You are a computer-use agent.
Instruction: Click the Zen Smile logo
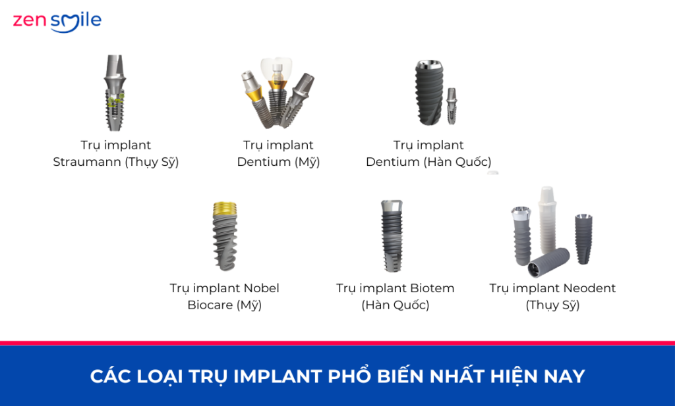57,22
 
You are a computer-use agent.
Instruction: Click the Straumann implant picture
115,93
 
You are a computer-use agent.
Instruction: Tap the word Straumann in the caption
87,162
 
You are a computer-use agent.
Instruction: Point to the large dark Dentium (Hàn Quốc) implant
429,93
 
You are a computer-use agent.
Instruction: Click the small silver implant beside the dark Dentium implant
452,106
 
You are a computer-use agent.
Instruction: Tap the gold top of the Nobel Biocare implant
225,208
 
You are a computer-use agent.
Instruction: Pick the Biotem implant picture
392,236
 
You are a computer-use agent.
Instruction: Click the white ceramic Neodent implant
548,220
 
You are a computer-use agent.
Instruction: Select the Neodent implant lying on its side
549,263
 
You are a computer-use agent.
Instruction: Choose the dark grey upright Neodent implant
584,239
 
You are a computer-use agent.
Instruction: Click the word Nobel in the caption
261,288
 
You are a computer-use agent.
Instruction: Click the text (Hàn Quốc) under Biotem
396,305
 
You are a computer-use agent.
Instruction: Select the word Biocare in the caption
210,305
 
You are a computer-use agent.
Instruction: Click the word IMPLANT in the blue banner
278,376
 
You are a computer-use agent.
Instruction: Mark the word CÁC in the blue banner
105,376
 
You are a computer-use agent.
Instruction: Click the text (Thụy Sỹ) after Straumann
152,162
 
